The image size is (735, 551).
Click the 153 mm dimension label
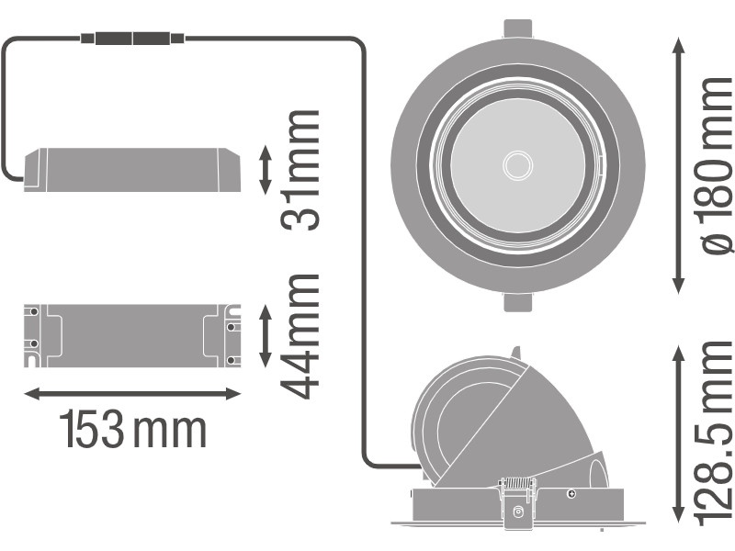(133, 429)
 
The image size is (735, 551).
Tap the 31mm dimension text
(300, 170)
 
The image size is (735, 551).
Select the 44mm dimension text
(300, 336)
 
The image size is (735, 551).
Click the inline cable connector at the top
(132, 38)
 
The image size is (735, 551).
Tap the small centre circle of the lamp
(518, 165)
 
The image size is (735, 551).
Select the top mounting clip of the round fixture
(518, 28)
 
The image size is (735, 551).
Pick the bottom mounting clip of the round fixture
(518, 302)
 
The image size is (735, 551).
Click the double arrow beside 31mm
(266, 170)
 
